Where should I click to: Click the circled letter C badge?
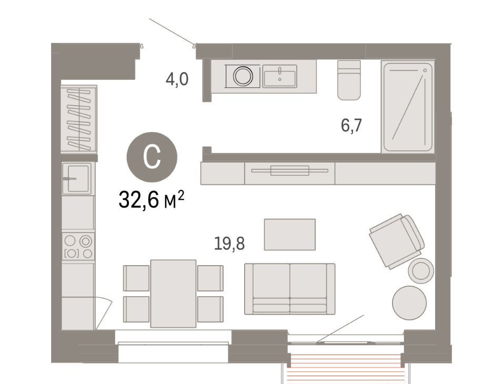[x=152, y=157]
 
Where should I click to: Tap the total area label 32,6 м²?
[x=152, y=199]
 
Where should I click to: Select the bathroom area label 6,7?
[x=351, y=125]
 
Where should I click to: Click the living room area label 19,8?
[x=229, y=244]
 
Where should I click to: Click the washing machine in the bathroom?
[x=243, y=76]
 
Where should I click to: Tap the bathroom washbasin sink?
[x=280, y=76]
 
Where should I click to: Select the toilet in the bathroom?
[x=349, y=80]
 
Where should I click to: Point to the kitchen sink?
[x=77, y=179]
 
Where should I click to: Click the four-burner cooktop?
[x=78, y=247]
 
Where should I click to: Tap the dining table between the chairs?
[x=173, y=294]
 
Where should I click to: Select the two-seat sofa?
[x=290, y=289]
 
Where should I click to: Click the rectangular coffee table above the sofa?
[x=290, y=235]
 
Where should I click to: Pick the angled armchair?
[x=397, y=240]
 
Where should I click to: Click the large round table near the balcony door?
[x=409, y=302]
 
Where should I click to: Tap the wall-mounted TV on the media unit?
[x=290, y=170]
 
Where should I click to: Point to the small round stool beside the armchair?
[x=421, y=270]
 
